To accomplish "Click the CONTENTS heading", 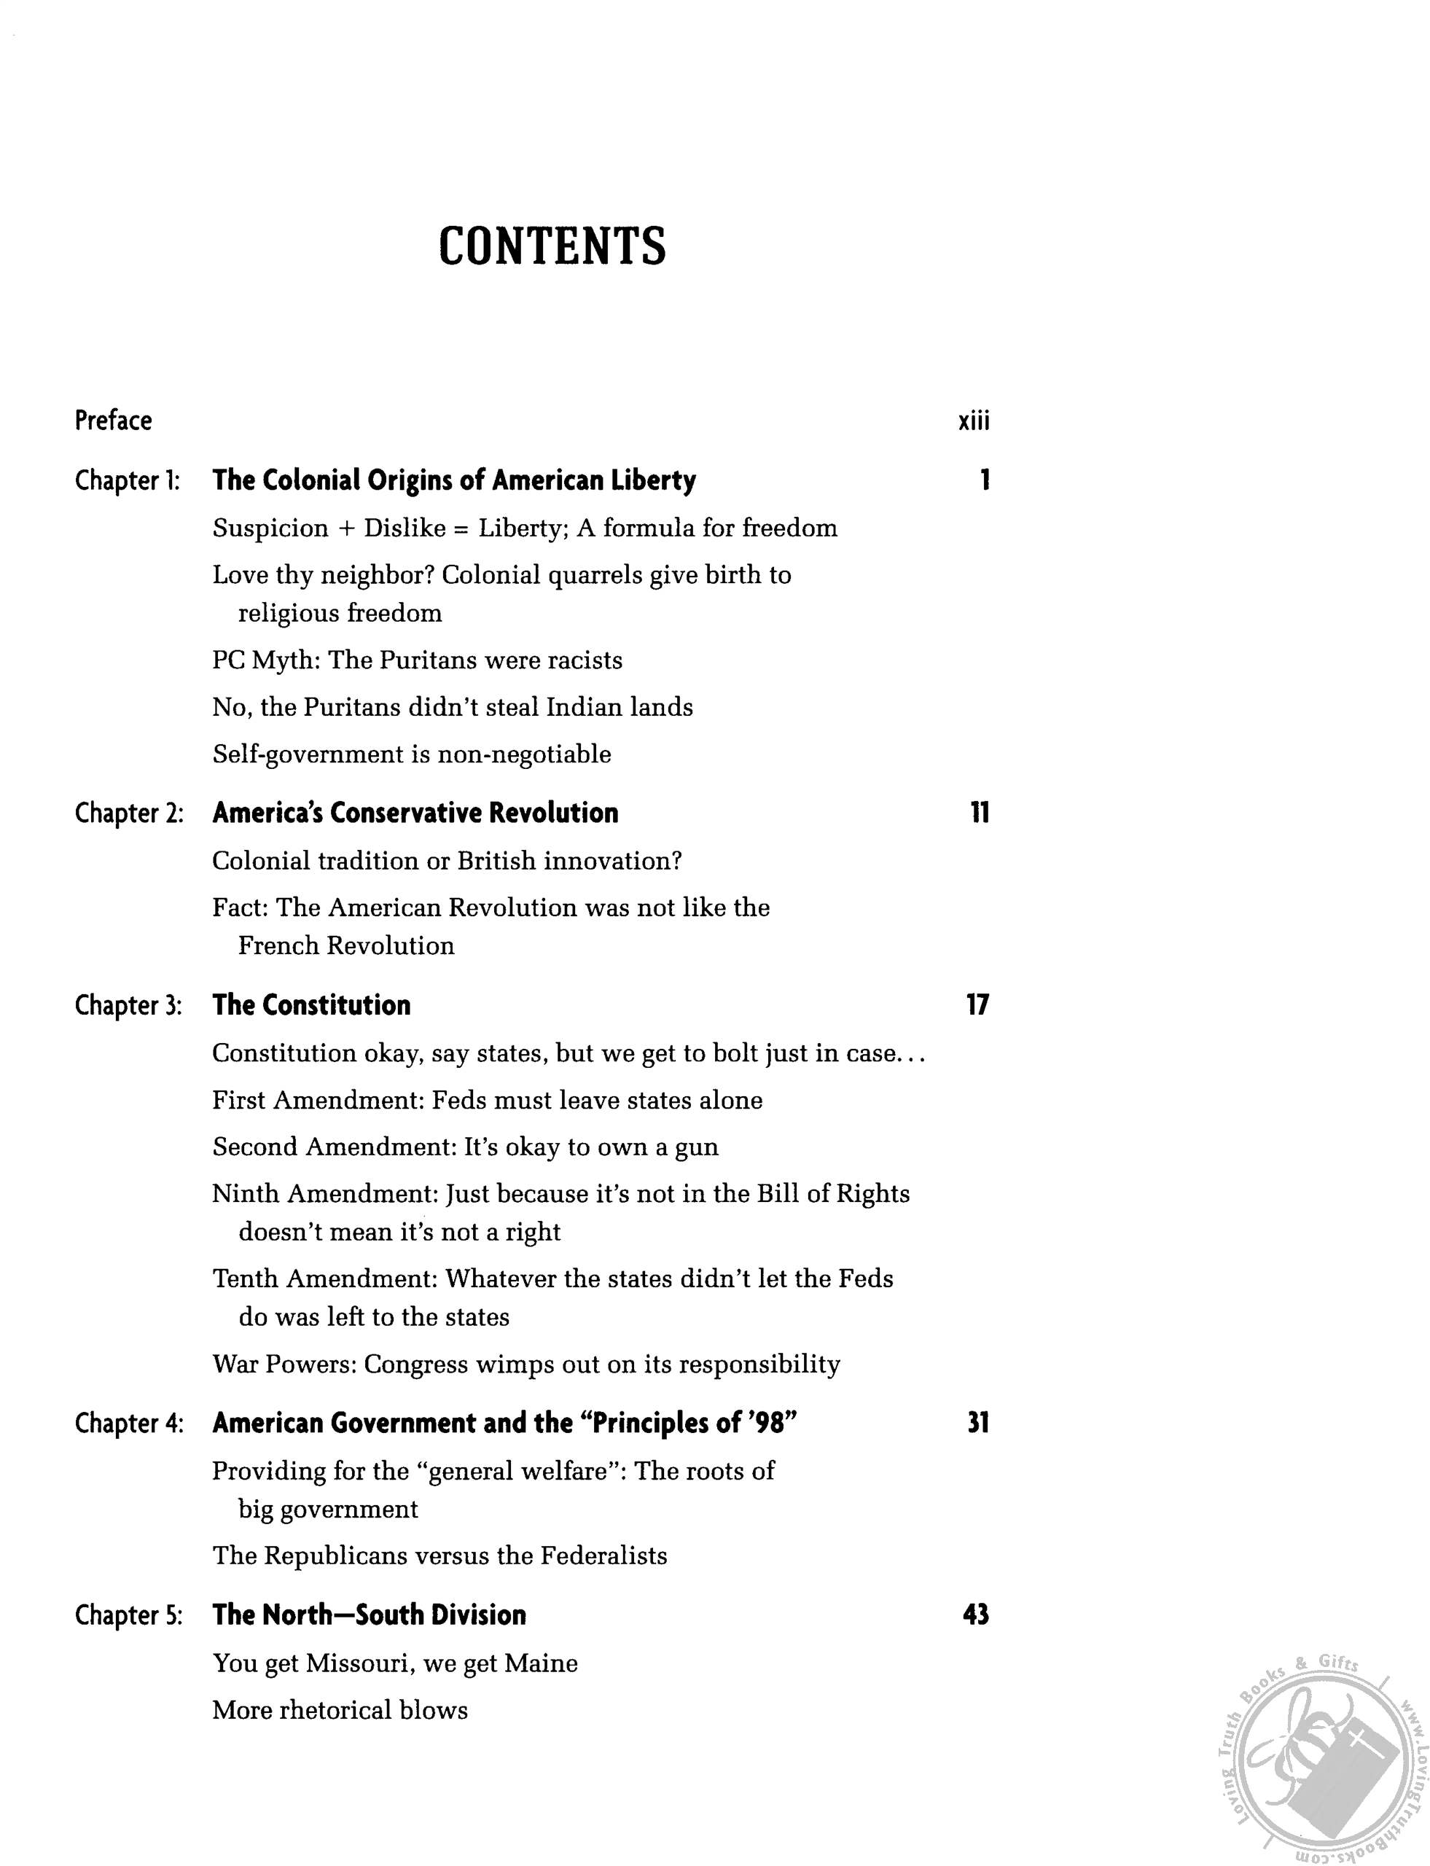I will click(x=552, y=247).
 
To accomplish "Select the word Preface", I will click(x=113, y=421).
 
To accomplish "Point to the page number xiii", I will click(x=974, y=421).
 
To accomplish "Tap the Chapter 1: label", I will click(x=128, y=481).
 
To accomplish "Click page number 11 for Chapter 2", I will click(x=979, y=813).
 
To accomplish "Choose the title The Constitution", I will click(x=311, y=1005).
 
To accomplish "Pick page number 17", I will click(x=977, y=1005).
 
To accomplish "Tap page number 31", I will click(x=978, y=1424).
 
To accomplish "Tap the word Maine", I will click(x=541, y=1663).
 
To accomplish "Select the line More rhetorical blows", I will click(x=340, y=1710).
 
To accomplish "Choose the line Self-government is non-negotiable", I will click(x=412, y=754).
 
